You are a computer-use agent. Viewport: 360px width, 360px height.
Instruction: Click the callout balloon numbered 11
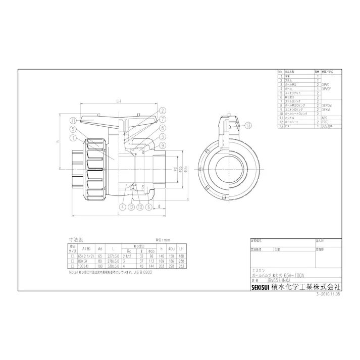73,120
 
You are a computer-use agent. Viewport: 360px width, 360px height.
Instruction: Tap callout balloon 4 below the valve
123,206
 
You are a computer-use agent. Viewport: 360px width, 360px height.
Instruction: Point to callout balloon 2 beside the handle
163,110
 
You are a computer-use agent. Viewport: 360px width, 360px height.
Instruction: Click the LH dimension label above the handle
118,101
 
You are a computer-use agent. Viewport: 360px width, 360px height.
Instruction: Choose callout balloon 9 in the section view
163,145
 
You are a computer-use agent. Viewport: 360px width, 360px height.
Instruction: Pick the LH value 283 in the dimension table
181,267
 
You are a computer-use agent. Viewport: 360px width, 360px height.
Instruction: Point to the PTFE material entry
324,122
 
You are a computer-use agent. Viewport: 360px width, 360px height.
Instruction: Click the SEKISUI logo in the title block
261,287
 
